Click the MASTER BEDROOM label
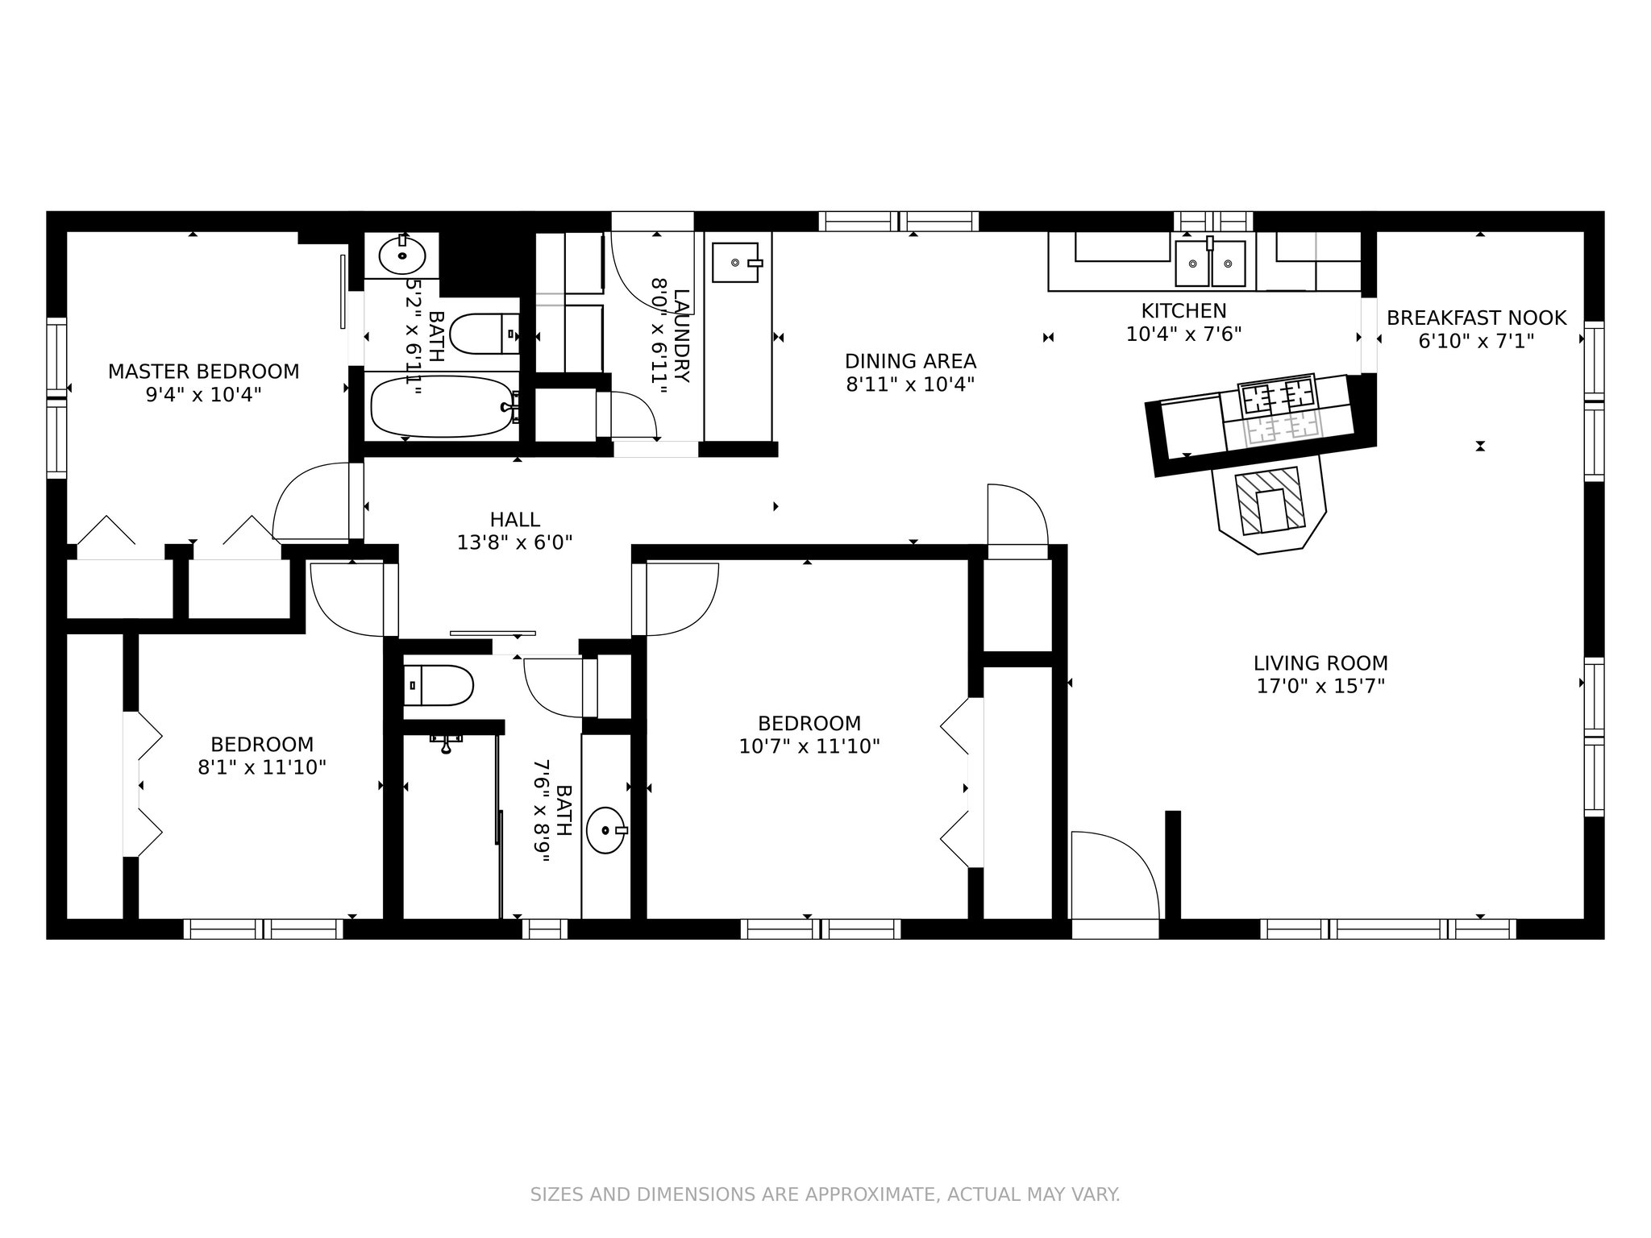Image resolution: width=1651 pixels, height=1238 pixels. click(203, 372)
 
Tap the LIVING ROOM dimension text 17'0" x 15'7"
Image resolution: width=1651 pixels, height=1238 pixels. click(1320, 687)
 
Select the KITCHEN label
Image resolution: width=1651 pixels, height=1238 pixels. click(1183, 310)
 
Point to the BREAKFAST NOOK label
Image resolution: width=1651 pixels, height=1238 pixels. click(1476, 318)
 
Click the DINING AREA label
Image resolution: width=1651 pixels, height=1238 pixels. click(910, 361)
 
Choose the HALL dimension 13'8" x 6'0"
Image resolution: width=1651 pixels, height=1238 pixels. click(514, 543)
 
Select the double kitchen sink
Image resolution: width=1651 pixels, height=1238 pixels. click(1210, 263)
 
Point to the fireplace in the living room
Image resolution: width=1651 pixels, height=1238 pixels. click(1269, 503)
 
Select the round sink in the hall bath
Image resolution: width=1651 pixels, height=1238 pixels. click(606, 830)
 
